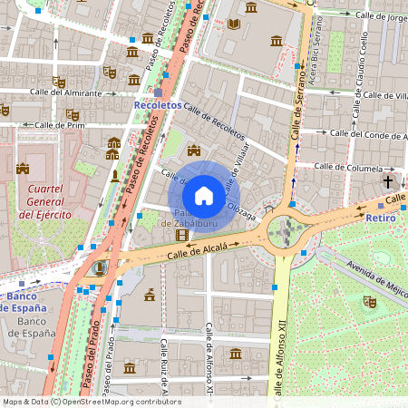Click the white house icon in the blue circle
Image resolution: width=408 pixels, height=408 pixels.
tap(204, 195)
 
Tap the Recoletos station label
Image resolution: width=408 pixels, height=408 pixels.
tap(157, 105)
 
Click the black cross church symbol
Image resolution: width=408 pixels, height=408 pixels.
tap(388, 182)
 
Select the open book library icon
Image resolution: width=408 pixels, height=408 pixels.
tap(235, 24)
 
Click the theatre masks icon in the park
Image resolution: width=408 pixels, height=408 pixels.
tap(369, 300)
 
